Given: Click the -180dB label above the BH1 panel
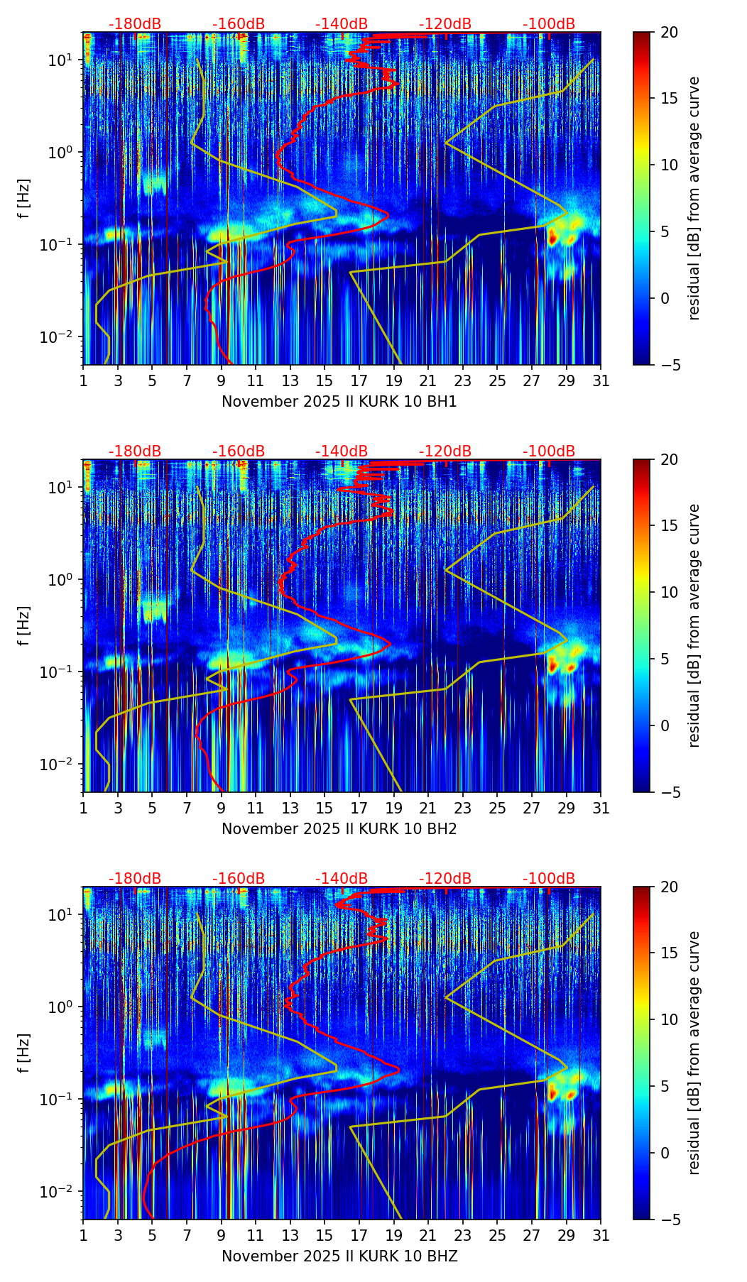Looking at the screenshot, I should click(135, 24).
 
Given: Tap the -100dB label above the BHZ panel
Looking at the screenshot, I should click(549, 879).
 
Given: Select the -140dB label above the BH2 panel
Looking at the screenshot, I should click(342, 451).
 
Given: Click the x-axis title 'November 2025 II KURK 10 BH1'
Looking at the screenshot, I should click(339, 402).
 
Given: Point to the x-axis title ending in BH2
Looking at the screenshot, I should click(339, 829).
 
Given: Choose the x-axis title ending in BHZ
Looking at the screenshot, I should click(339, 1256).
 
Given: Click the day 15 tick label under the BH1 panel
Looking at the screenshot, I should click(325, 381).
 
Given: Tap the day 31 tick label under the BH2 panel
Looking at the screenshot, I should click(601, 809).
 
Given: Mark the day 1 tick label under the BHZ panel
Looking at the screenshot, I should click(84, 1236).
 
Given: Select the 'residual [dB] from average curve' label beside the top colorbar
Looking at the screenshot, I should click(694, 199).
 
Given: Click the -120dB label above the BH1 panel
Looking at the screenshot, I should click(445, 24).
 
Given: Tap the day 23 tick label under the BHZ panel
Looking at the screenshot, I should click(463, 1236).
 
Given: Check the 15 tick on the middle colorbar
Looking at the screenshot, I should click(669, 526).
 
